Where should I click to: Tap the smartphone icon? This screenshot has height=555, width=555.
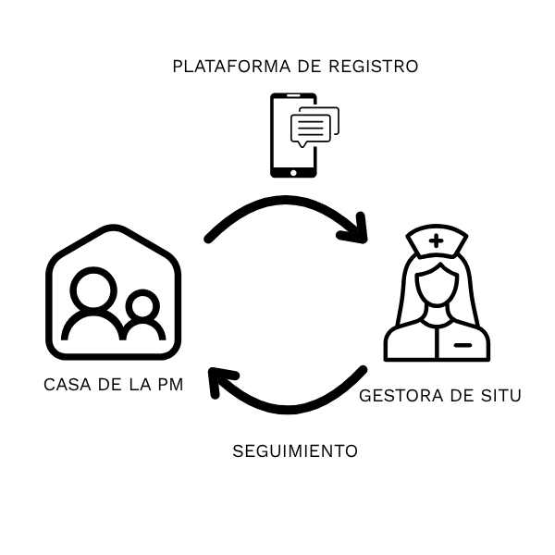(294, 135)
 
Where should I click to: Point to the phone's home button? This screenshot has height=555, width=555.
(293, 170)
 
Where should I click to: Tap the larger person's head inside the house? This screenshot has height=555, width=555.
(93, 290)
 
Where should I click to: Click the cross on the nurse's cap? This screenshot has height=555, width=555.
(436, 240)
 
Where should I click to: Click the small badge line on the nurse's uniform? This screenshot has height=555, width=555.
(462, 344)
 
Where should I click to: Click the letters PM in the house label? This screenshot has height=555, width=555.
(168, 384)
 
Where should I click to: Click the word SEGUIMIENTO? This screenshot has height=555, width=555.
(294, 451)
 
